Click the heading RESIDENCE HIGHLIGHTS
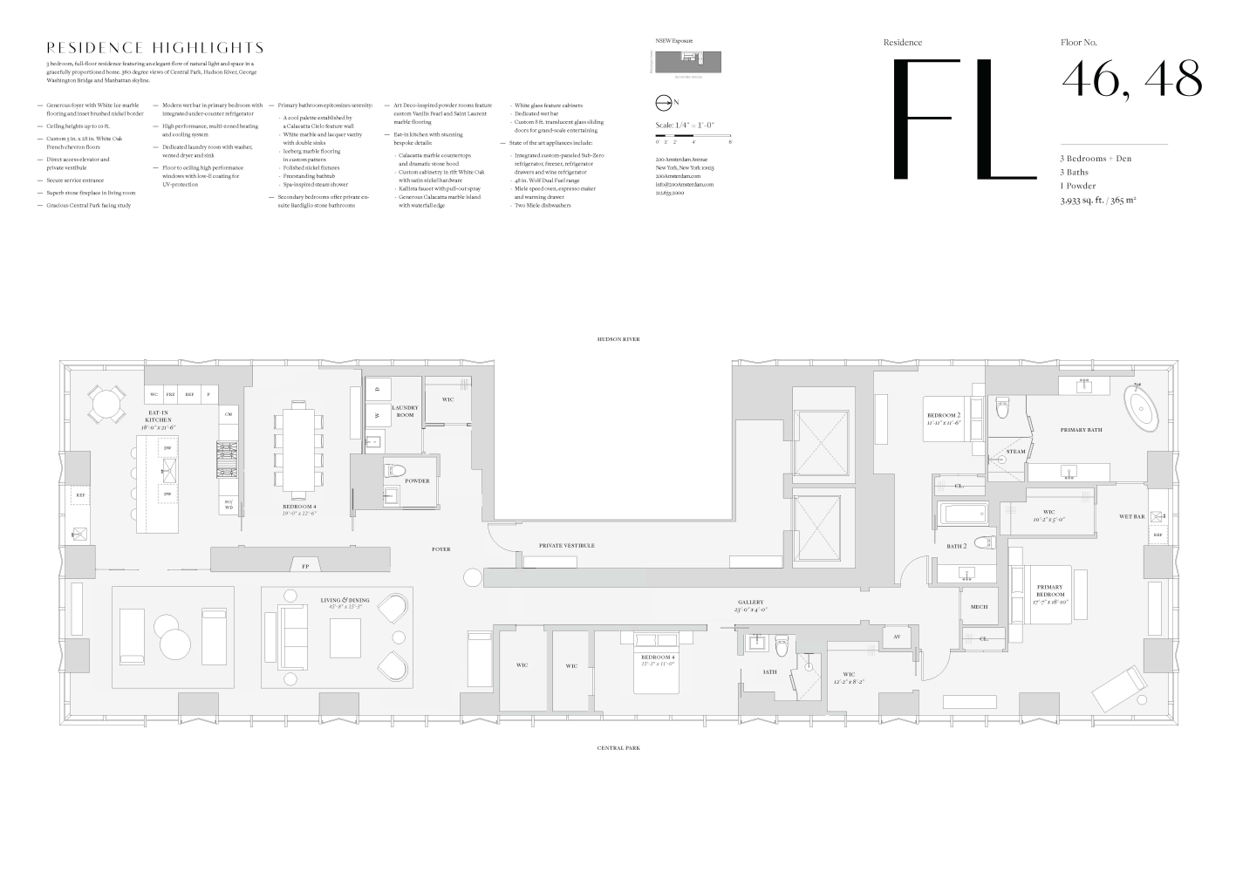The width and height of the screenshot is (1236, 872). [155, 48]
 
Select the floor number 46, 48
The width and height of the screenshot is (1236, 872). [1131, 79]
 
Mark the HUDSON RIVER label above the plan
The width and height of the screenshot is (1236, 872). [618, 338]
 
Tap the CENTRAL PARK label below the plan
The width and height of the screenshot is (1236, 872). [618, 747]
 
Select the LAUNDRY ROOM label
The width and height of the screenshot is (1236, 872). [405, 411]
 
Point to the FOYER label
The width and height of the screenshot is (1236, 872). [441, 549]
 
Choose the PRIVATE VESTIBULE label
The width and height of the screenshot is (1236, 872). [566, 545]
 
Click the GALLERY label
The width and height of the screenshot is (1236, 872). [750, 603]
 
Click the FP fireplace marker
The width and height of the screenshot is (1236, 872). [305, 566]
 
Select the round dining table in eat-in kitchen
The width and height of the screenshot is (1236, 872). [105, 404]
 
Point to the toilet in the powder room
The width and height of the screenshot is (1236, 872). [395, 471]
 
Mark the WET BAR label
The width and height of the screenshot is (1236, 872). [1131, 516]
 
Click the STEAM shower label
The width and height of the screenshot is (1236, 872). [1016, 452]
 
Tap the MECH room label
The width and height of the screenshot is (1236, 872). [979, 606]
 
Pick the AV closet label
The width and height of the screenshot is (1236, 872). [897, 637]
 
